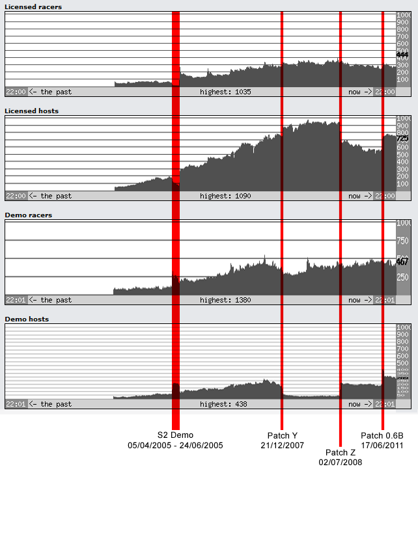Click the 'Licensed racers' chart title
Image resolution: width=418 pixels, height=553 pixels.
coord(33,7)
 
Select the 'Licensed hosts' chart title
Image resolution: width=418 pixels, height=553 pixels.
coord(31,111)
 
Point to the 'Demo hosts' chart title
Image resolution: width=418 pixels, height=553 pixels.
coord(27,319)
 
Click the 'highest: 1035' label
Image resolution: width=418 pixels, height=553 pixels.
coord(225,92)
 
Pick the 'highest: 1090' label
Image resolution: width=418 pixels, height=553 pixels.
coord(225,196)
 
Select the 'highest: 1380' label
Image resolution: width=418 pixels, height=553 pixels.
coord(225,300)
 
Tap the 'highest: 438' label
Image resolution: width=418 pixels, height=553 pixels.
coord(223,404)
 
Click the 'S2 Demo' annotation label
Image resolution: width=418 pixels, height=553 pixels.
coord(175,435)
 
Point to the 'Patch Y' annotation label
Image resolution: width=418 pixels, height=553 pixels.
coord(282,435)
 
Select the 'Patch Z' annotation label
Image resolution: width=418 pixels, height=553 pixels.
coord(341,453)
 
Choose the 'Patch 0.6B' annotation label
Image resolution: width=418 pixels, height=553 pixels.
coord(382,435)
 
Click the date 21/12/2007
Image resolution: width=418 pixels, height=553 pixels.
coord(282,445)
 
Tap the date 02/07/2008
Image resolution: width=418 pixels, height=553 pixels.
coord(341,463)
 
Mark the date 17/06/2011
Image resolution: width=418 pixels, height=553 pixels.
coord(382,445)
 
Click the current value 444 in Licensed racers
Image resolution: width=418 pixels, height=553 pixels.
coord(402,55)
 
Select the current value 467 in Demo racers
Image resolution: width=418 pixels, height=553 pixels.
coord(402,262)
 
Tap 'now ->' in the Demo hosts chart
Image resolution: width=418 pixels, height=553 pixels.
coord(359,404)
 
